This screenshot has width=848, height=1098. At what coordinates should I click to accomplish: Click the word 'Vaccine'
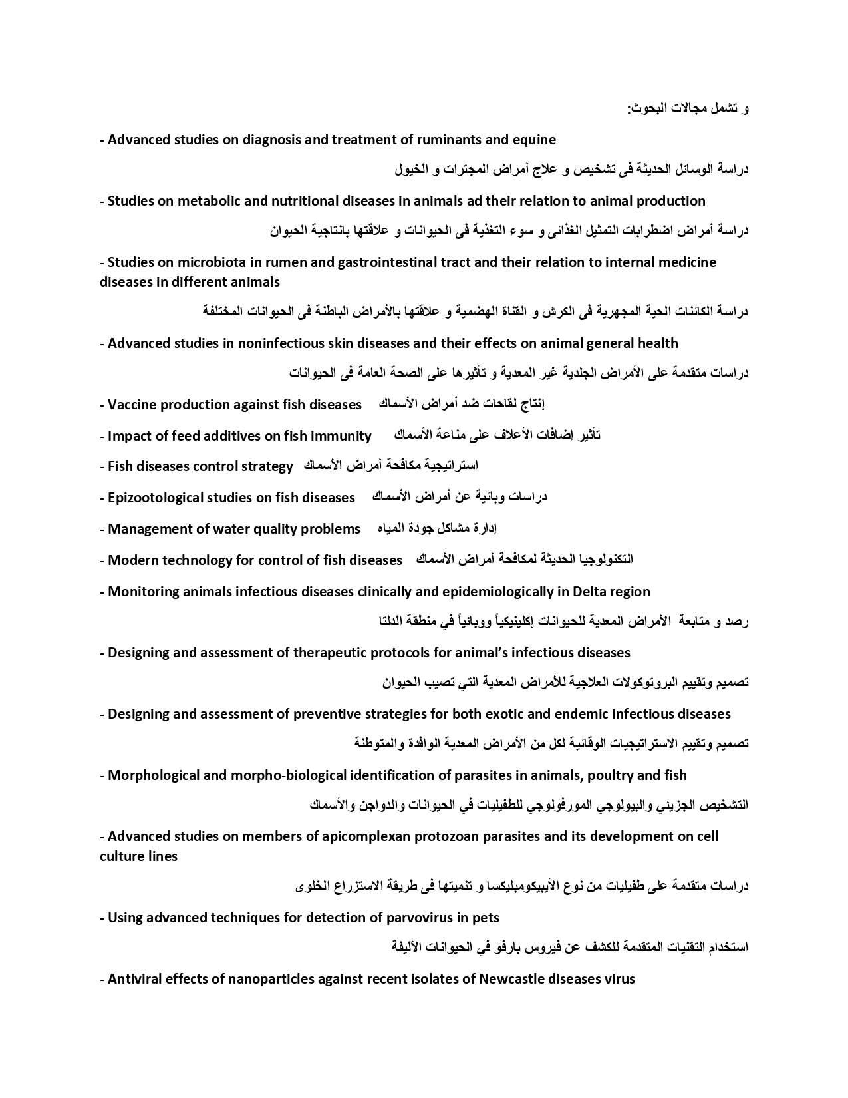(132, 405)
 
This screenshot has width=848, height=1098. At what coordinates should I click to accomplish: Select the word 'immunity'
(341, 436)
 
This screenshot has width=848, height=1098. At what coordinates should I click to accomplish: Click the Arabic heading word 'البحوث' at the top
(646, 108)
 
